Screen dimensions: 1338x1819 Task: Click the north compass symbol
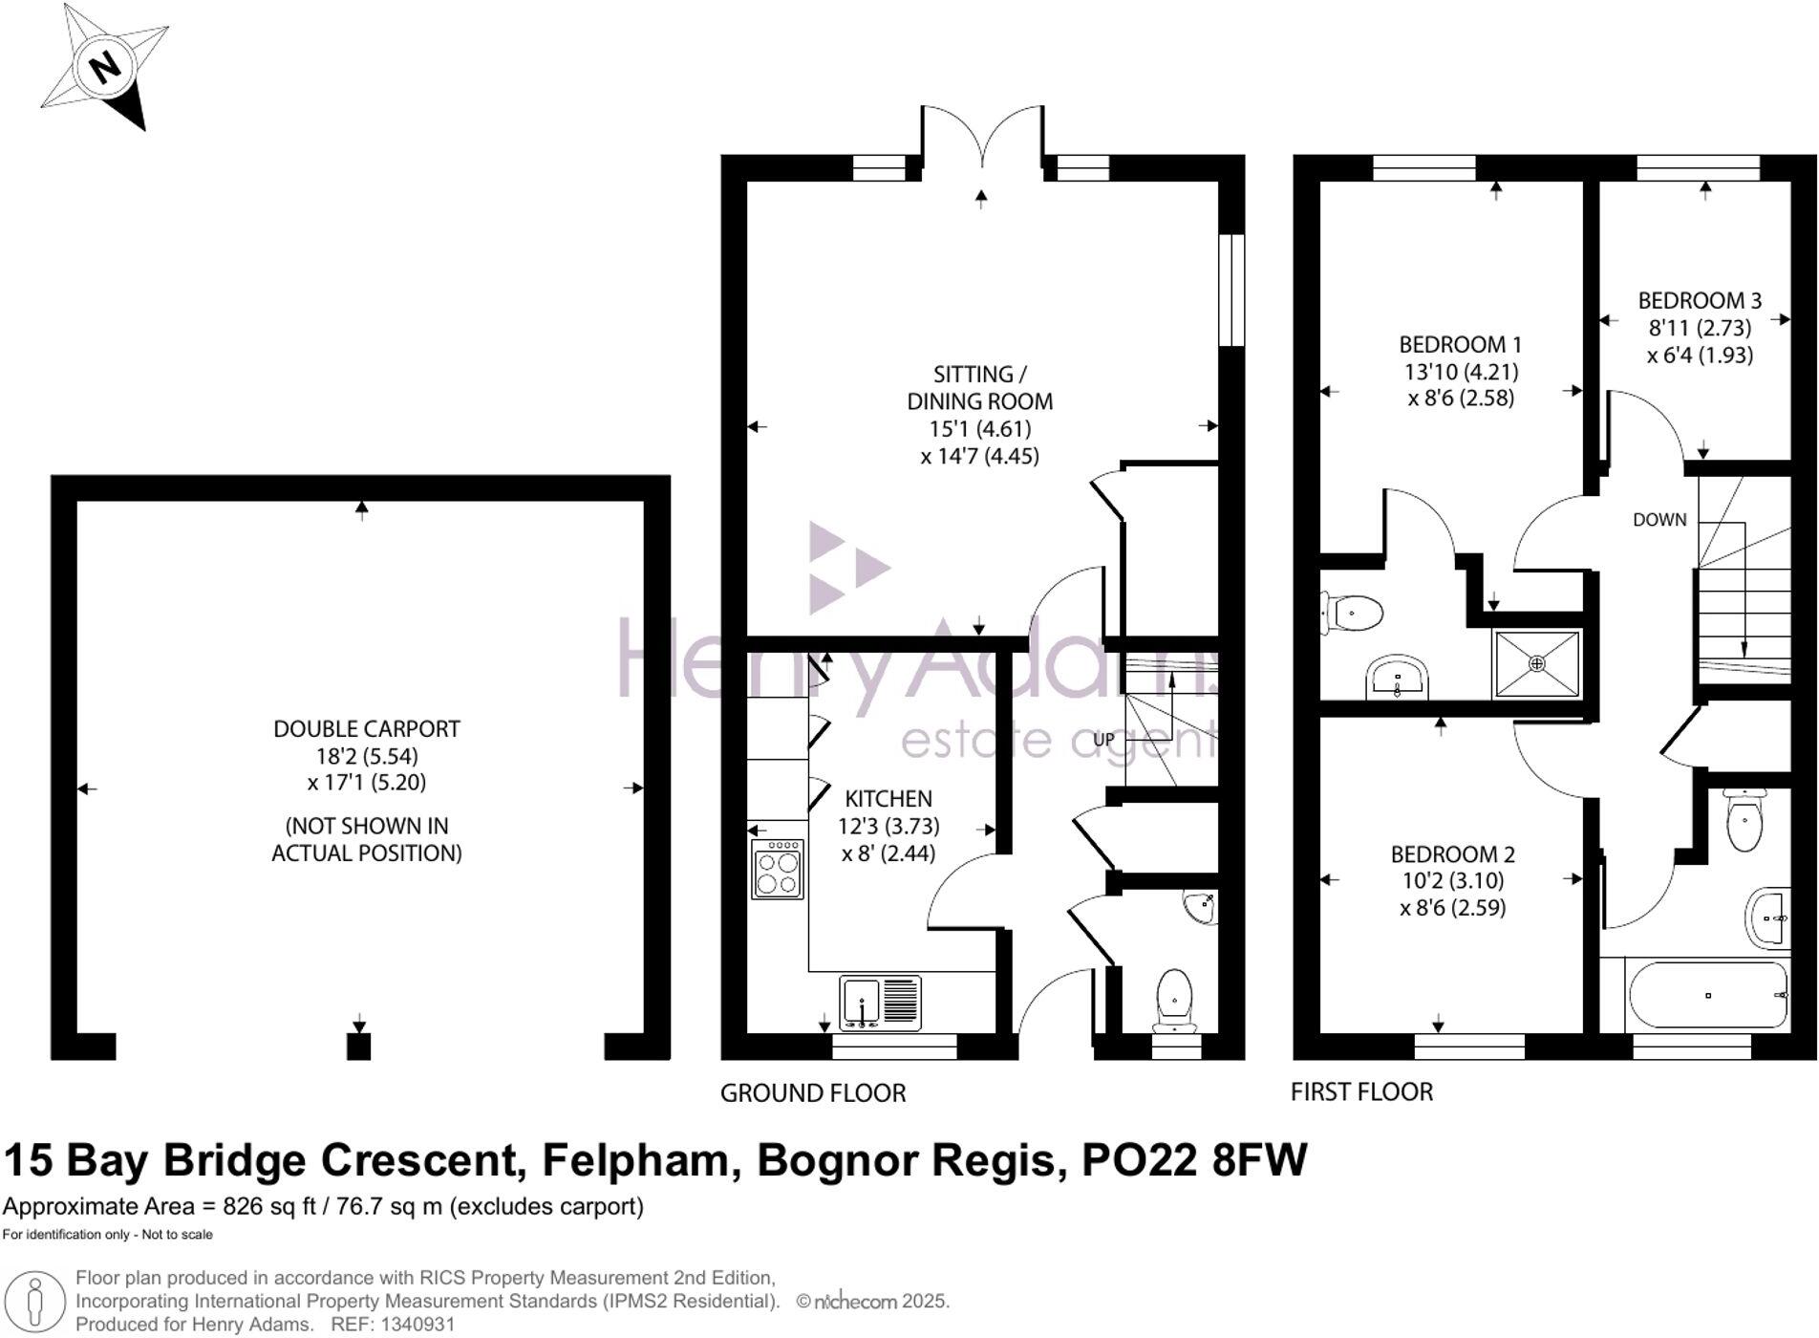[x=104, y=68]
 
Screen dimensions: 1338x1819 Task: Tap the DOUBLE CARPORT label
[x=367, y=729]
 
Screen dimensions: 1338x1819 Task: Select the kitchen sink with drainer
[x=880, y=1003]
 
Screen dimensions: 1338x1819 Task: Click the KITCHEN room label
[x=888, y=799]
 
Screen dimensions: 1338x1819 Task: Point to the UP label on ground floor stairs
[x=1103, y=740]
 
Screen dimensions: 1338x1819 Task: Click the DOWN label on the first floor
[x=1659, y=520]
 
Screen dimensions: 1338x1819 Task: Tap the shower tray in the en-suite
[x=1536, y=663]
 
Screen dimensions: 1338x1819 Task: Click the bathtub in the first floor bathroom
[x=1707, y=996]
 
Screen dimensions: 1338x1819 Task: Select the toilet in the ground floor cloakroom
[x=1174, y=1000]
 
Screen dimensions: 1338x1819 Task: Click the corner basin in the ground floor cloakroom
[x=1200, y=907]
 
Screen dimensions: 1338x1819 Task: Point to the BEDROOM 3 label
[x=1700, y=301]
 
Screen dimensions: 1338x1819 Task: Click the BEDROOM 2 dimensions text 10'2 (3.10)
[x=1452, y=880]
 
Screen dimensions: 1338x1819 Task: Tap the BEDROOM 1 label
[x=1461, y=345]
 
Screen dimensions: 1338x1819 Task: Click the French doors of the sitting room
[x=982, y=143]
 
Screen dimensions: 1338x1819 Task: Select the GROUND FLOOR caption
[x=812, y=1093]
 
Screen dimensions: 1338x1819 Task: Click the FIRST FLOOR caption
[x=1361, y=1092]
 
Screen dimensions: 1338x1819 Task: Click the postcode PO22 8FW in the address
[x=1193, y=1161]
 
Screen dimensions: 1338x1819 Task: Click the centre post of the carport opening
[x=358, y=1047]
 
